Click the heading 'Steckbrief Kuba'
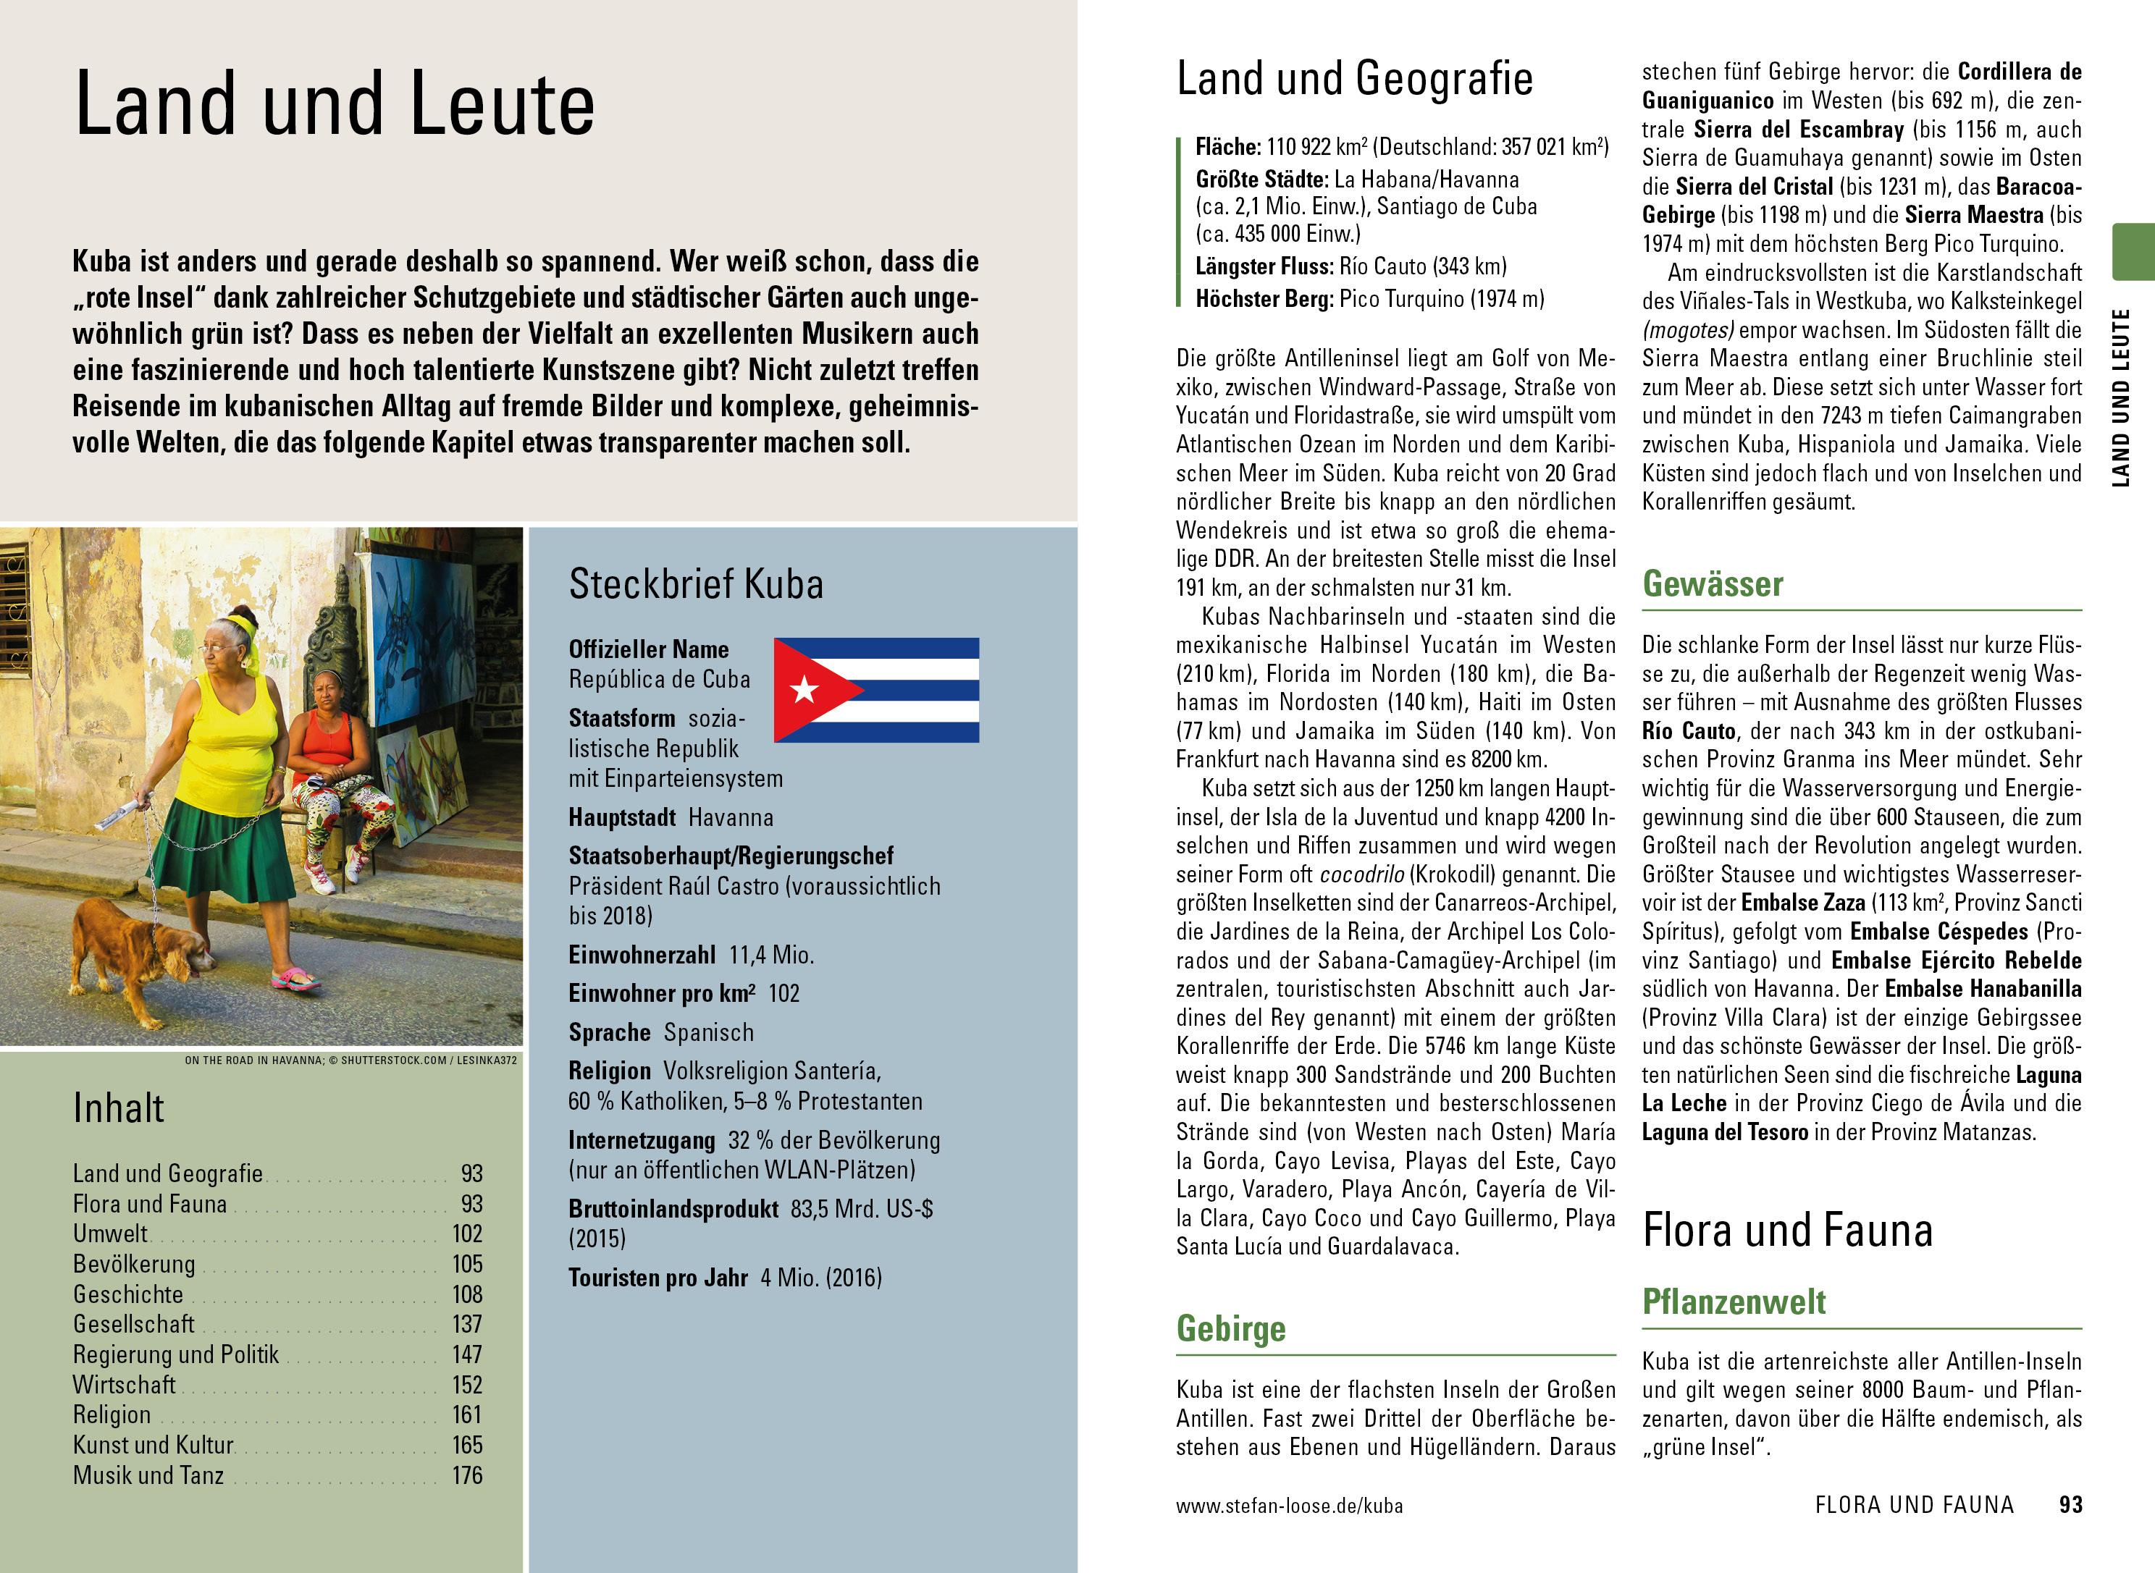(696, 583)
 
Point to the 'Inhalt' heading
(119, 1108)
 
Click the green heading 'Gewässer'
(1712, 583)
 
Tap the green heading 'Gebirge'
(1230, 1328)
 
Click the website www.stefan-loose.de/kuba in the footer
(1288, 1506)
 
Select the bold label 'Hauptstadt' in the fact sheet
(622, 817)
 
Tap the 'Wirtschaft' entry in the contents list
(124, 1385)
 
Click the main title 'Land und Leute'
(335, 104)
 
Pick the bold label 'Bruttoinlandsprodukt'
(673, 1210)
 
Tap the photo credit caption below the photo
(350, 1060)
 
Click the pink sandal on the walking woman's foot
(295, 978)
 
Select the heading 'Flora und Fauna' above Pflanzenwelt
(1787, 1230)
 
